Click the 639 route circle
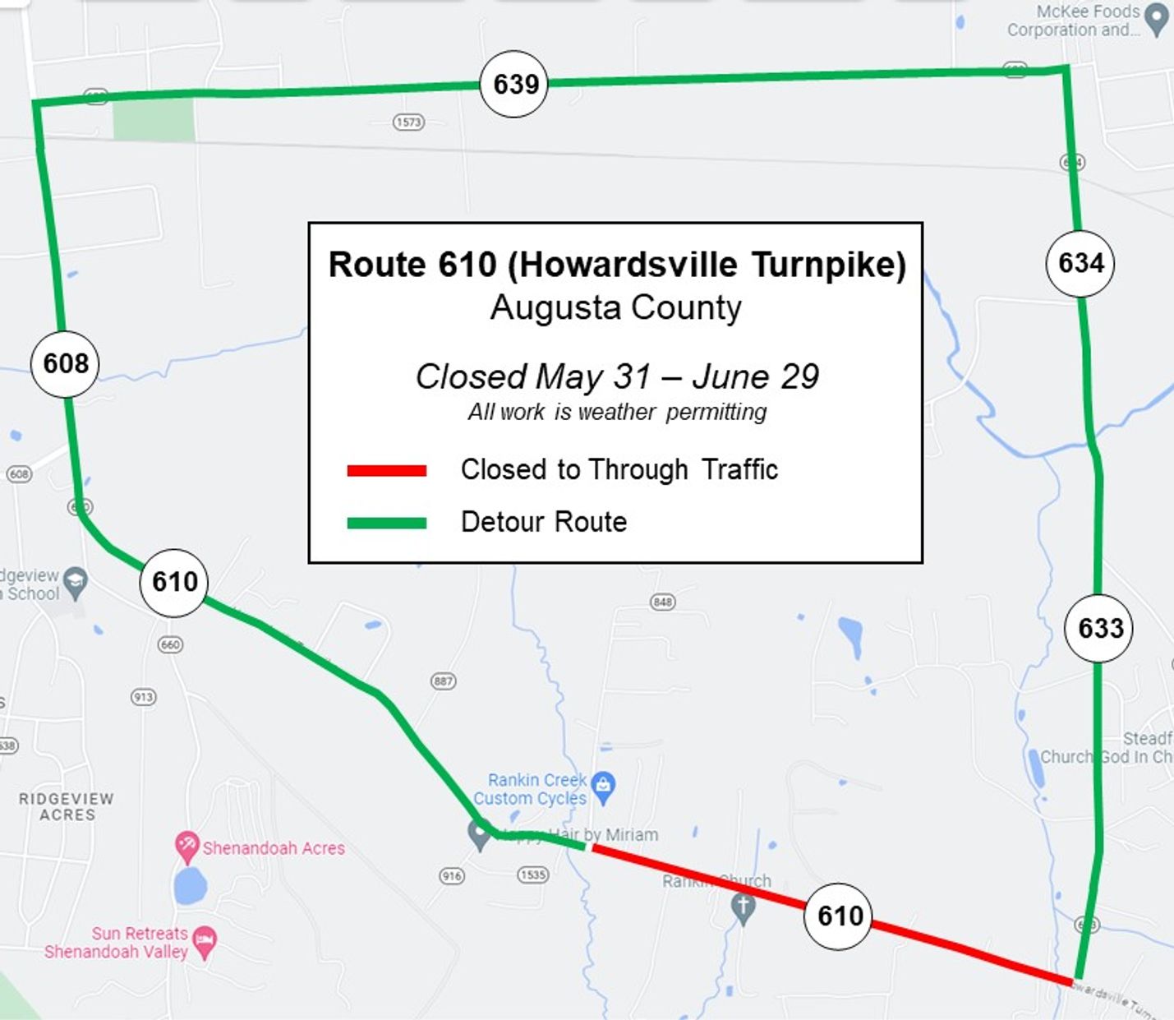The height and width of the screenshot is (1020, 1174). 514,84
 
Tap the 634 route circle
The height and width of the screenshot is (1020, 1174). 1080,263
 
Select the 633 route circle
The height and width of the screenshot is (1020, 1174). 1099,628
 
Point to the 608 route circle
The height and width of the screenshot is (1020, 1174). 65,363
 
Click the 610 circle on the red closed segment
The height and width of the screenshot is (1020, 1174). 839,916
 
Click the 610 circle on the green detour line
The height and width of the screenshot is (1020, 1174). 174,582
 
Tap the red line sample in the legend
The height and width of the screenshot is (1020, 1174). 386,471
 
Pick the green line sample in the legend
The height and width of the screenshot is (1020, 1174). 386,523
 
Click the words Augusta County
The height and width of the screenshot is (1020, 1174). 615,308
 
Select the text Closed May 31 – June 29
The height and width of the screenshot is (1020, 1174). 617,376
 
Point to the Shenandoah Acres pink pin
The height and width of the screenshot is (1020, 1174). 186,846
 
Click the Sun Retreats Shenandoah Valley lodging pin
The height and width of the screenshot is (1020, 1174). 205,941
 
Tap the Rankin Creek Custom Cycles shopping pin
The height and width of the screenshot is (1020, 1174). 604,787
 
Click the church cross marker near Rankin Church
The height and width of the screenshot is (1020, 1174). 743,908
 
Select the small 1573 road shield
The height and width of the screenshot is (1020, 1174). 408,122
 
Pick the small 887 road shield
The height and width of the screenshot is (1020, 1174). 443,681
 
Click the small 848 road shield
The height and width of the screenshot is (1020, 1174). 662,602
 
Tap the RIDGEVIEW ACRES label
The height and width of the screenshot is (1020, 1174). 67,806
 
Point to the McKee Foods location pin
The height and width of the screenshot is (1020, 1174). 1157,20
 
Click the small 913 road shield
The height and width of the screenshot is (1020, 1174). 143,697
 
